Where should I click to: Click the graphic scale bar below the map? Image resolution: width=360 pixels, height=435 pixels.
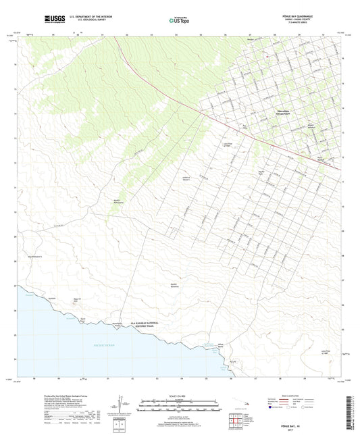point(179,407)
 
